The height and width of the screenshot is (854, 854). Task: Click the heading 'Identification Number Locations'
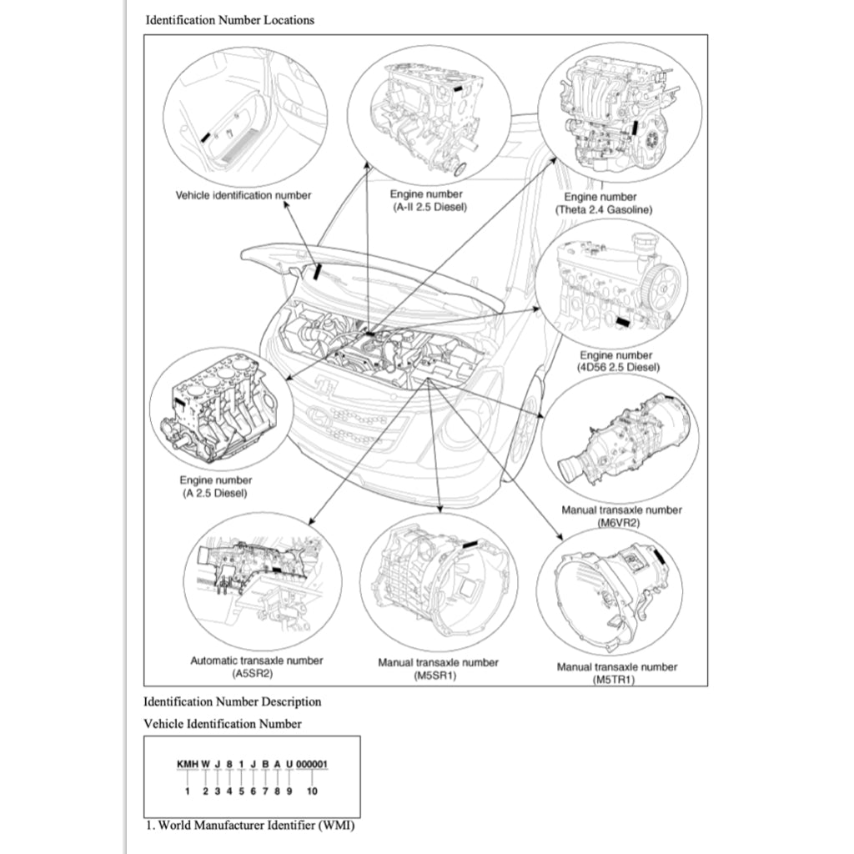(x=230, y=20)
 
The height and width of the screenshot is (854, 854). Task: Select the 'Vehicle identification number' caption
(x=243, y=195)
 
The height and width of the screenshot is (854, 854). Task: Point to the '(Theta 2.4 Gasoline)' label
(x=604, y=209)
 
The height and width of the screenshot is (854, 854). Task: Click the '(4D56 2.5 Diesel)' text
(x=616, y=367)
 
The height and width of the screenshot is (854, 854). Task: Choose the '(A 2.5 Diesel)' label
(x=215, y=493)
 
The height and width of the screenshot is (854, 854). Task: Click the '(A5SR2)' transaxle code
(x=256, y=672)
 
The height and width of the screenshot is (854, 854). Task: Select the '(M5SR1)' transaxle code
(x=438, y=675)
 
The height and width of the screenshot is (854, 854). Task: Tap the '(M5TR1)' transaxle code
(x=616, y=679)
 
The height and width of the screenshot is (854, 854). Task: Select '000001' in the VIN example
(x=312, y=763)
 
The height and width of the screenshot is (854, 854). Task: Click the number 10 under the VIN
(x=312, y=791)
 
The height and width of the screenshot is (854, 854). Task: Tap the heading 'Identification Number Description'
(x=233, y=701)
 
